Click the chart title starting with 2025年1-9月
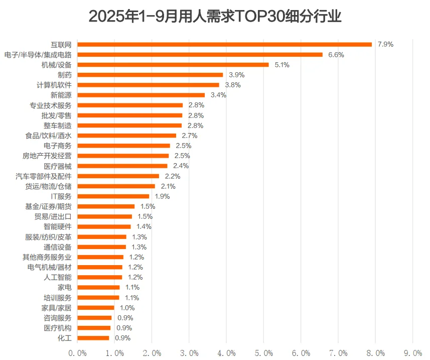coord(215,17)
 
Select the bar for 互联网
coord(224,44)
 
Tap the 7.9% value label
coord(385,44)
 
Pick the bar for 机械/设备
coord(173,65)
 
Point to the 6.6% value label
coord(336,55)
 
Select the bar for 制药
coord(150,75)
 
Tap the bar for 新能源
coord(141,95)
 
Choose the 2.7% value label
coord(189,136)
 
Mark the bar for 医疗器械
coord(122,166)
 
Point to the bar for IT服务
coord(113,196)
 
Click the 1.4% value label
coord(144,226)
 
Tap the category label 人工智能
coord(58,277)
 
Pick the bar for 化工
coord(93,338)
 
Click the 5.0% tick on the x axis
coord(264,353)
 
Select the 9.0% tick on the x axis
coord(413,353)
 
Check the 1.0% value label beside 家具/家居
coord(127,308)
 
